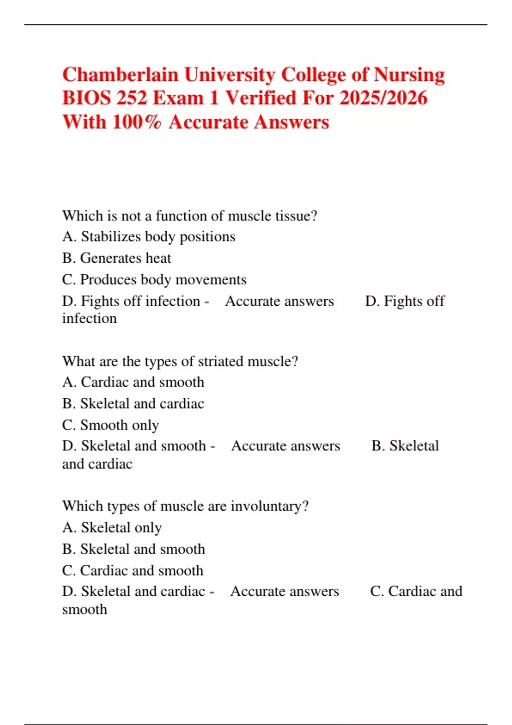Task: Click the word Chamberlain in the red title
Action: tap(120, 75)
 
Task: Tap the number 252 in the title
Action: tap(131, 99)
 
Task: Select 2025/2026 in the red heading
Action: tap(383, 99)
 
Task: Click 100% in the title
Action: tap(137, 122)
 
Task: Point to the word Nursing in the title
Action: tap(409, 75)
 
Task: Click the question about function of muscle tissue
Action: tap(189, 216)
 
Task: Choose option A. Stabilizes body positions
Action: tap(148, 237)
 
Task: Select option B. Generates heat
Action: tap(116, 258)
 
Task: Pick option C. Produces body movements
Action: tap(154, 280)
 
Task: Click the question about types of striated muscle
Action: tap(180, 361)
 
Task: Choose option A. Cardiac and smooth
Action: tap(133, 382)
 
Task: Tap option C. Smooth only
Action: tap(111, 425)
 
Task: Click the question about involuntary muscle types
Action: tap(185, 506)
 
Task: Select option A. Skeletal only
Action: tap(112, 528)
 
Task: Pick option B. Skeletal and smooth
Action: tap(134, 549)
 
